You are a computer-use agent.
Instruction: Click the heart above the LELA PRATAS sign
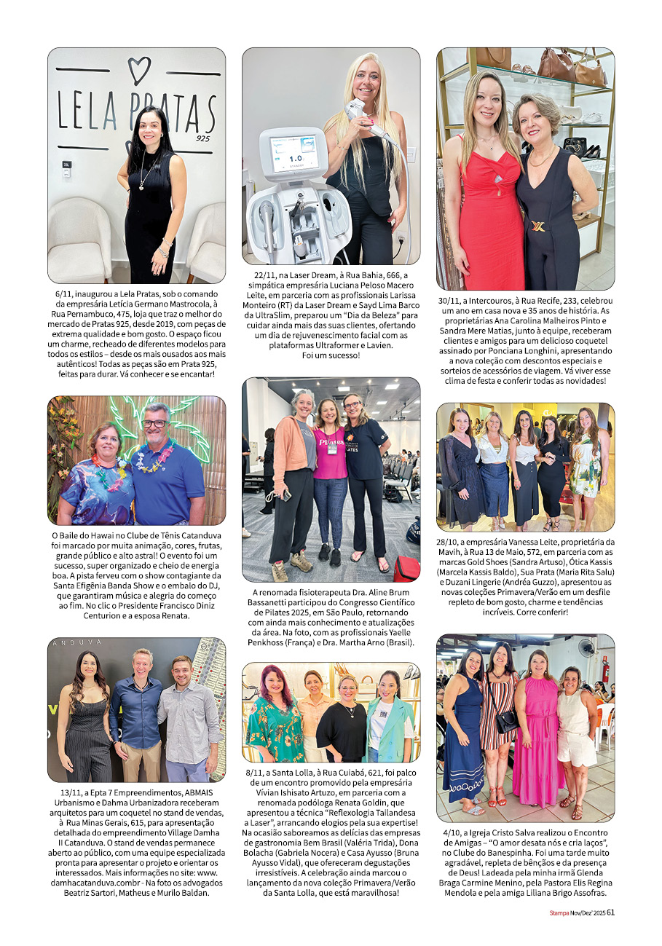(x=139, y=70)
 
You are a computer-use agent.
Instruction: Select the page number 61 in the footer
(x=611, y=912)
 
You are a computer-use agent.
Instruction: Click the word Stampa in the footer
(x=559, y=912)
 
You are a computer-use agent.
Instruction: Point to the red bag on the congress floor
(x=406, y=568)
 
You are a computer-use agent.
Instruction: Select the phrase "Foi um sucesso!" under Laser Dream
(x=331, y=355)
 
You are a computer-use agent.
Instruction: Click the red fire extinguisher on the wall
(x=605, y=669)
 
